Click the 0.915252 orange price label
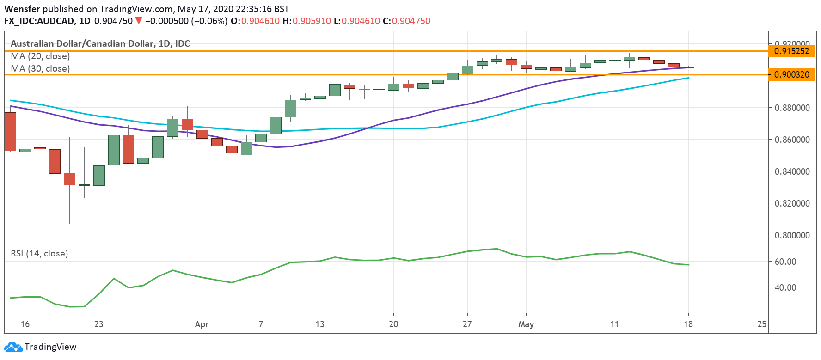coord(791,51)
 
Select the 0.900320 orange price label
coord(791,74)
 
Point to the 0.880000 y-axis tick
coord(792,108)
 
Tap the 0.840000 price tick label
coord(792,171)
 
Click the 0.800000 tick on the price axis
coord(792,235)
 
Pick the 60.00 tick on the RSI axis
coord(785,262)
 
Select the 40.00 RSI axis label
coord(785,287)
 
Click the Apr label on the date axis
coord(202,324)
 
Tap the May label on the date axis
coord(526,324)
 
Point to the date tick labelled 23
coord(98,324)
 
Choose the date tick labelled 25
coord(762,324)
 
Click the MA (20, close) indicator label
coord(40,56)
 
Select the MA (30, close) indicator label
coord(40,69)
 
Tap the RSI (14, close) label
coord(39,253)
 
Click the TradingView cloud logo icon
coord(13,347)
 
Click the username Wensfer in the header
coord(22,9)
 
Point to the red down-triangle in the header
coord(138,21)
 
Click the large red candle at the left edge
coord(10,131)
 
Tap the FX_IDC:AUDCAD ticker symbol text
coord(40,21)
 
